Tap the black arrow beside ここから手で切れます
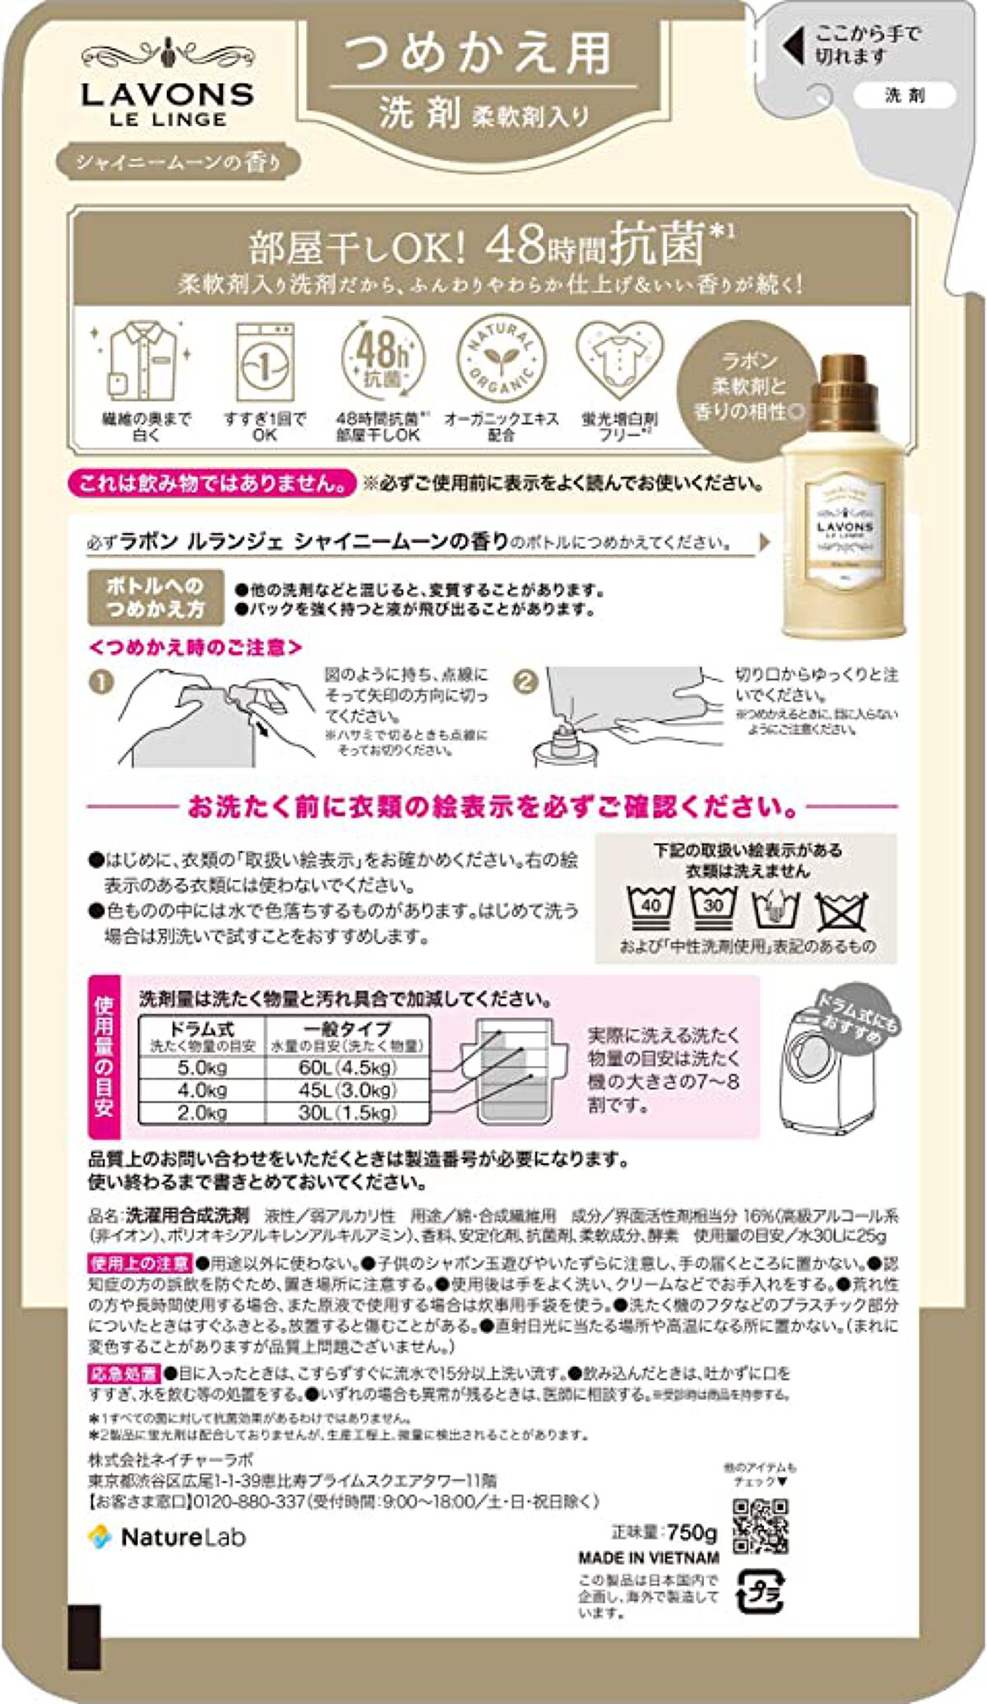[793, 46]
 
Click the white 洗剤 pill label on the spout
[904, 95]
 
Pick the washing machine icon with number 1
[264, 362]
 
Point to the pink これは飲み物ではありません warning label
[212, 483]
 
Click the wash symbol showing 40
[650, 906]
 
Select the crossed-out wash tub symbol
[841, 910]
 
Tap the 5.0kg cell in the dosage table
[202, 1067]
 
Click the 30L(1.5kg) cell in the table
[347, 1113]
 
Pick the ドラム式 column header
[202, 1035]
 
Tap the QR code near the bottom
[760, 1526]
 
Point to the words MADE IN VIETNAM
[649, 1558]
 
